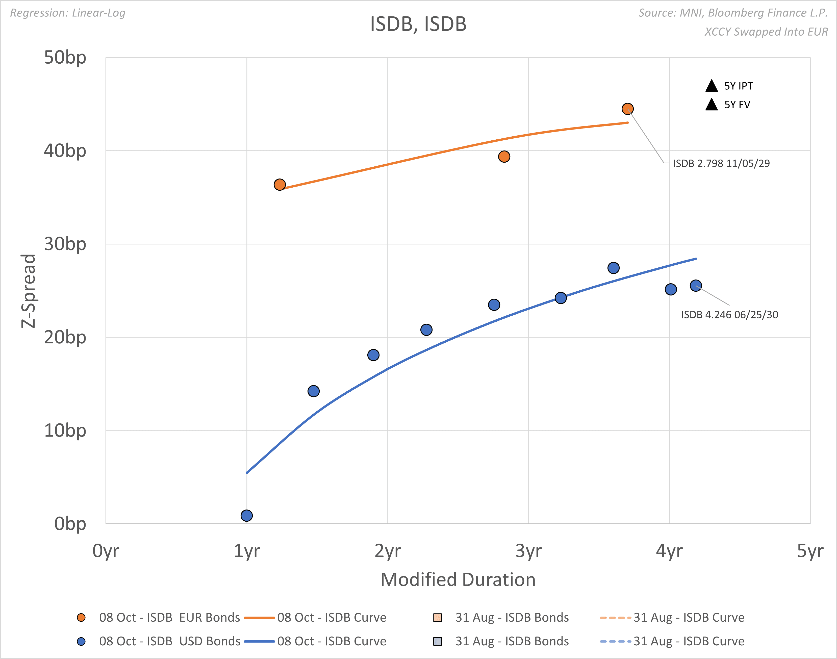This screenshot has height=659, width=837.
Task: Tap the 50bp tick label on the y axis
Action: tap(65, 58)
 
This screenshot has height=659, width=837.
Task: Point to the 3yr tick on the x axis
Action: tap(528, 551)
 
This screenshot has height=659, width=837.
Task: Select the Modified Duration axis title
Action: tap(458, 579)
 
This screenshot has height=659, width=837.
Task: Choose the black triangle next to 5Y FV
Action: tap(711, 105)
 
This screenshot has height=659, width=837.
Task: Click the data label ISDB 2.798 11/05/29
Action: tap(721, 163)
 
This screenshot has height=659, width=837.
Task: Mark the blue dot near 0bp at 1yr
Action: tap(247, 516)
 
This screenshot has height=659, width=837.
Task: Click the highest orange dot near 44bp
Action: tap(627, 109)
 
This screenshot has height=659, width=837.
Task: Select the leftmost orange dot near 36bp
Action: tap(280, 185)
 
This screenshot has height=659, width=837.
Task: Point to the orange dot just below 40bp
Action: tap(504, 157)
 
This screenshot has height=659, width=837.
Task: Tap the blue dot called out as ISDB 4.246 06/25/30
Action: tap(695, 286)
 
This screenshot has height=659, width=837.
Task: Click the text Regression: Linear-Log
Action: tap(67, 13)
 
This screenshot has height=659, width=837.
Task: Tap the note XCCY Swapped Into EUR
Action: tap(766, 32)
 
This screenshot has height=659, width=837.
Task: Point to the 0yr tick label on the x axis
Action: tap(106, 551)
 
